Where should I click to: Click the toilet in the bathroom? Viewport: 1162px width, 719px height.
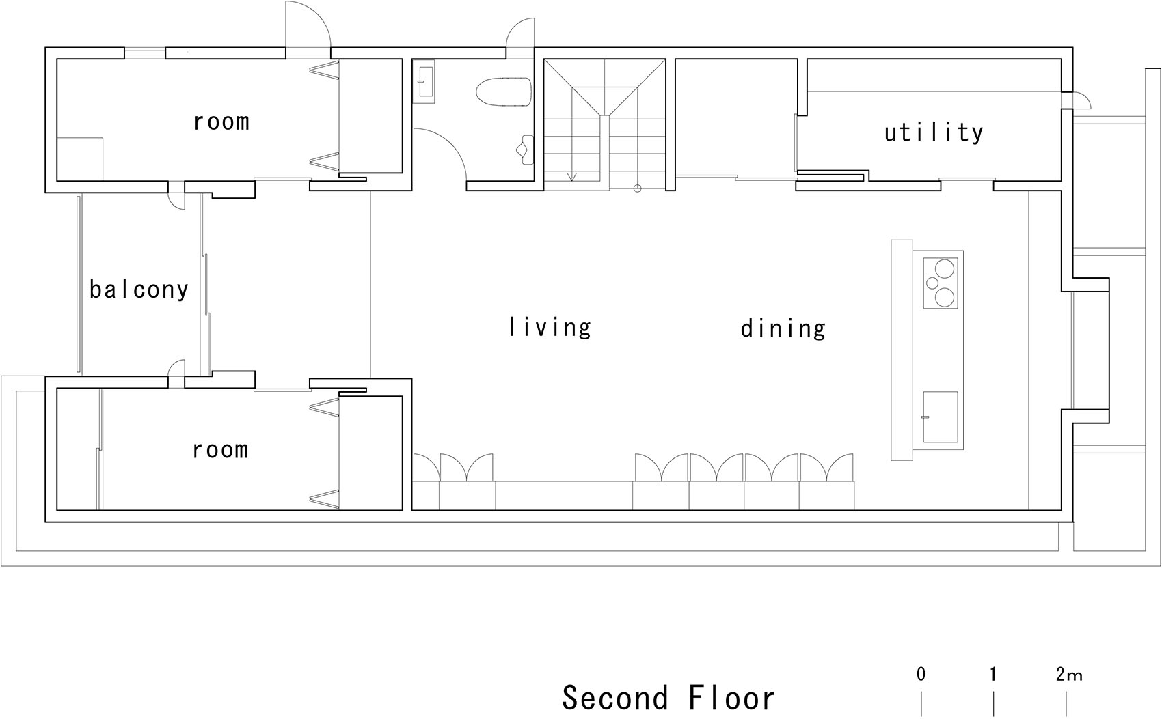pos(504,91)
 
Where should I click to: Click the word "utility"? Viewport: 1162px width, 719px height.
pos(934,133)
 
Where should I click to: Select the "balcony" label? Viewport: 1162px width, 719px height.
pos(139,289)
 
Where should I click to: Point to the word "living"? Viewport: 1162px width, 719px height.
pos(550,327)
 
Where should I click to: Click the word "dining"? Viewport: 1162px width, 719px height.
pos(783,328)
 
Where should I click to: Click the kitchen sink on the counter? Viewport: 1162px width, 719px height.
pos(940,417)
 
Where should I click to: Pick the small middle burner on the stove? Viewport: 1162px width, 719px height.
pos(932,283)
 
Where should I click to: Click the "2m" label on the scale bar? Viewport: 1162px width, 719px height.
pos(1068,675)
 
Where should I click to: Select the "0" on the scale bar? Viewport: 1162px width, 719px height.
pos(921,675)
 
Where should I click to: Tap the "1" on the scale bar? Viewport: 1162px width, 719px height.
pos(993,675)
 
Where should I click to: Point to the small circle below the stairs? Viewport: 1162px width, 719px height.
pos(638,188)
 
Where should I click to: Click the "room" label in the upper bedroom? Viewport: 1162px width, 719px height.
pos(221,122)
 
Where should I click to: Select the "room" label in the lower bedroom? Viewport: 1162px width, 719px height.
pos(221,450)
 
